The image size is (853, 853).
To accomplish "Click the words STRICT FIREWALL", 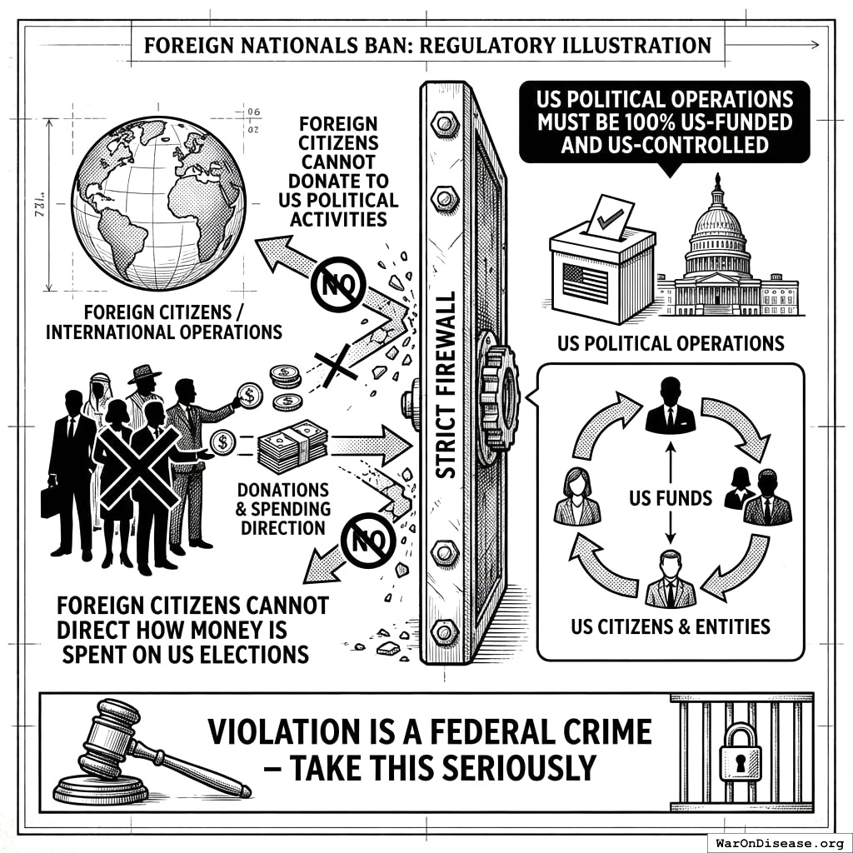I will (x=446, y=383).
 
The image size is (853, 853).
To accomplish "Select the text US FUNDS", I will (x=671, y=498).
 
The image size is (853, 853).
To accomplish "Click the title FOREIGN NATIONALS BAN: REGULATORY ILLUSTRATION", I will (x=428, y=44).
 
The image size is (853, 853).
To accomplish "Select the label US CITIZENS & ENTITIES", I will (x=671, y=626).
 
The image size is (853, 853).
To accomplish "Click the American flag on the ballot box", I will (x=586, y=284).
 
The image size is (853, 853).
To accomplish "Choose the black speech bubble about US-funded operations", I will (x=664, y=122).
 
